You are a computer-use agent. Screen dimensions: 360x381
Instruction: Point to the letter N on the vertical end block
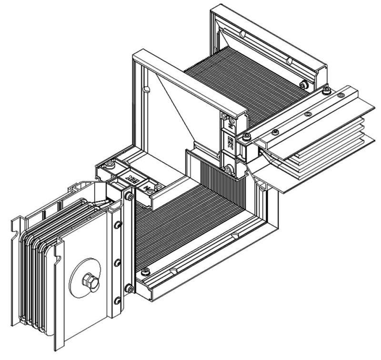(230, 125)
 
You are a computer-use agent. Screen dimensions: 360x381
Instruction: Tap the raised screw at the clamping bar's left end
(246, 137)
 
